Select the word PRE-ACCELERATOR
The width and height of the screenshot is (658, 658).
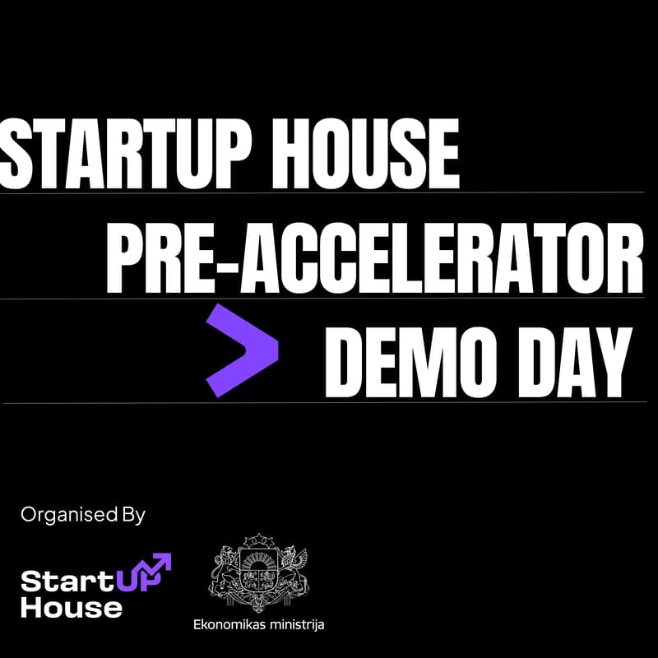click(374, 257)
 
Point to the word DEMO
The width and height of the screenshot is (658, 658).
click(415, 362)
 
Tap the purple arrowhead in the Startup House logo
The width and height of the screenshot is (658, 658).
click(162, 562)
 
